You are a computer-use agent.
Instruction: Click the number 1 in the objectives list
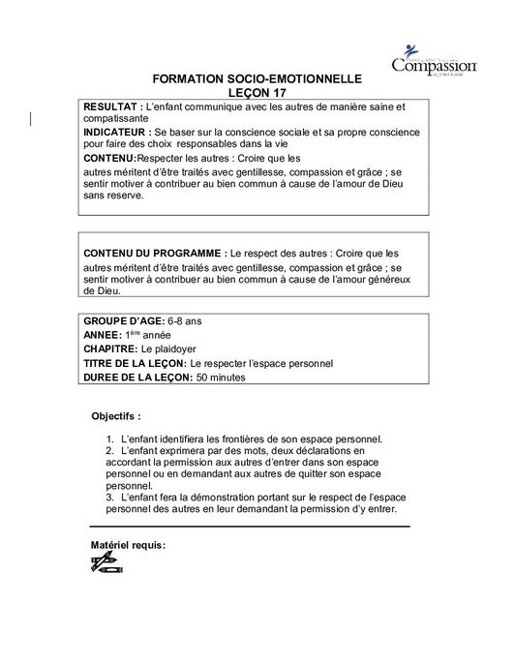[x=109, y=439]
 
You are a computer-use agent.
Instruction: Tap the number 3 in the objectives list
[x=109, y=497]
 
